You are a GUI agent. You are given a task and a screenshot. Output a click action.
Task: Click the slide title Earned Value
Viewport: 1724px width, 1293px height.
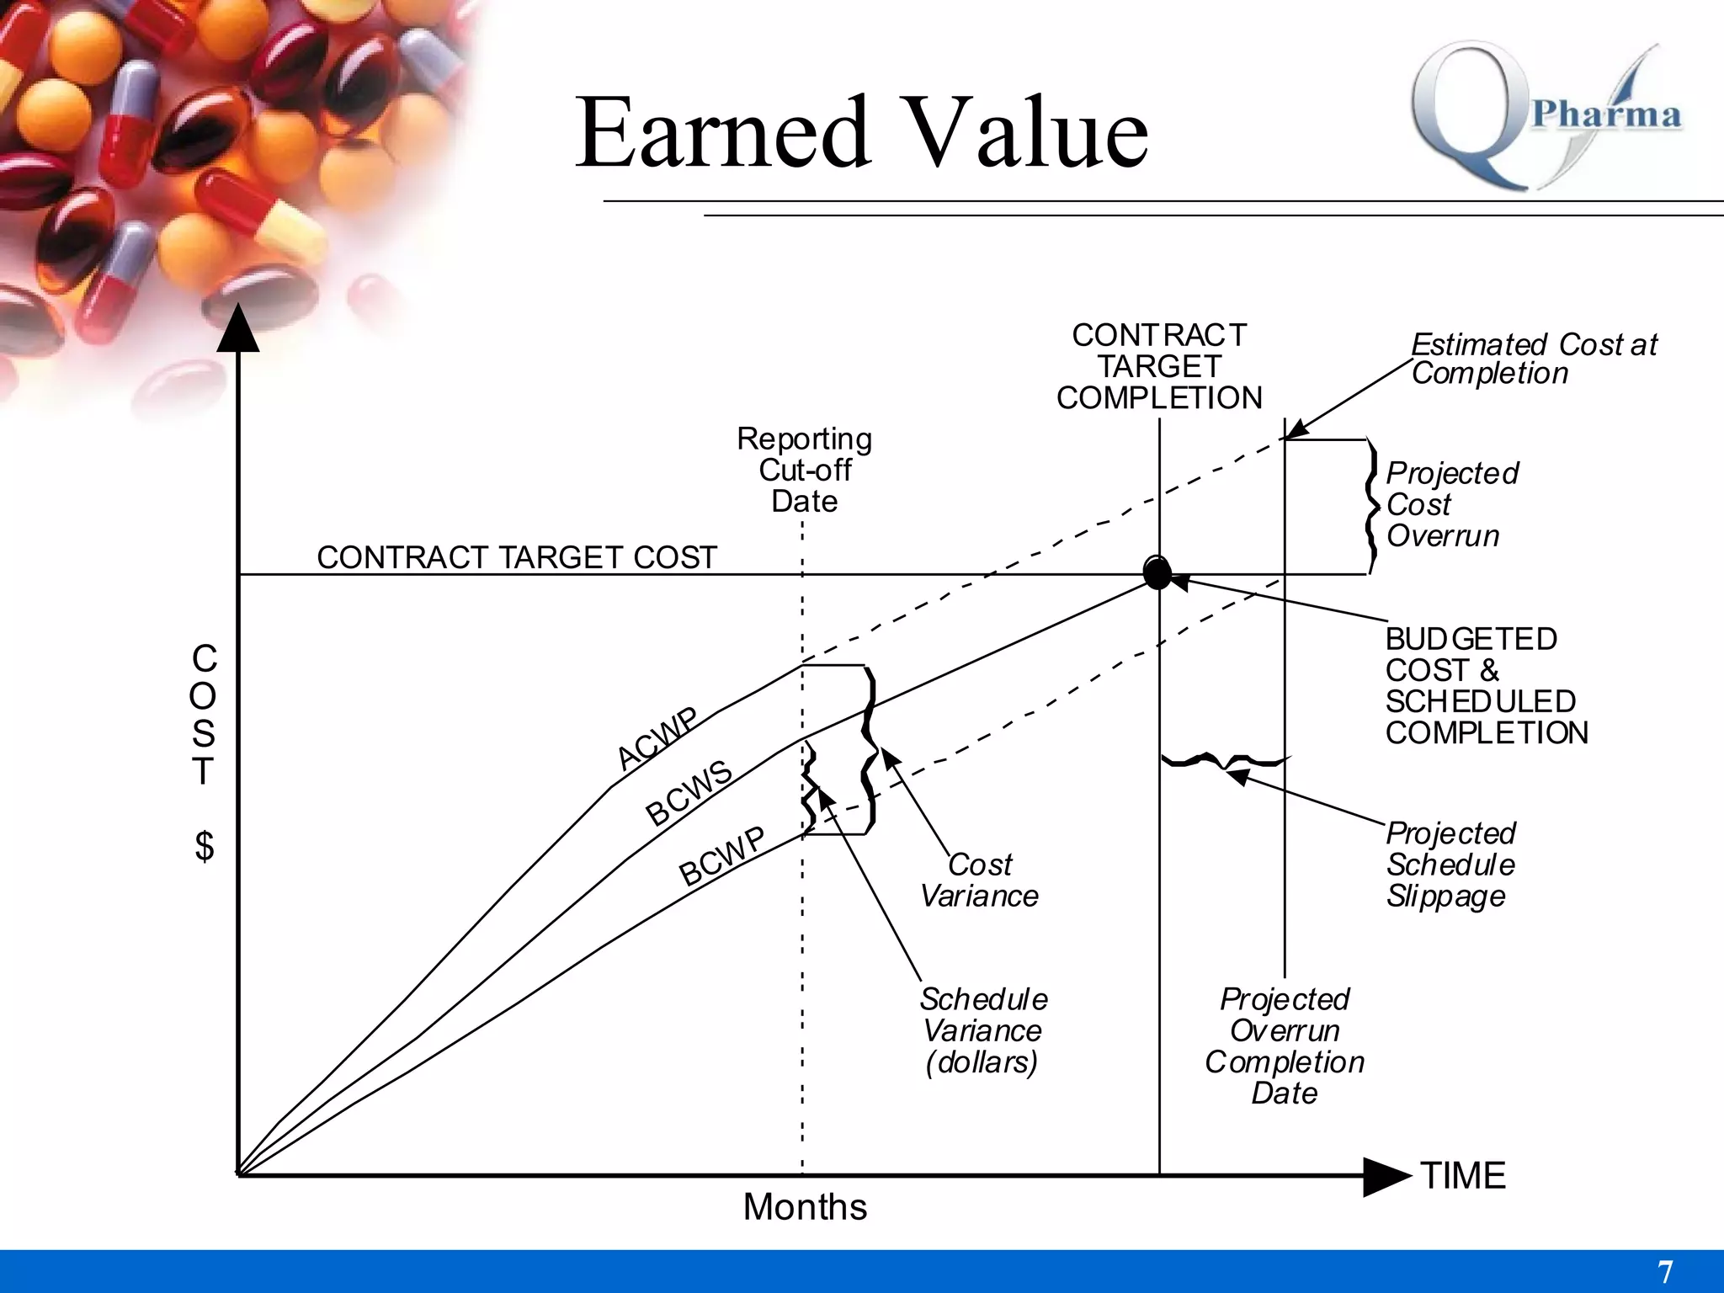coord(861,133)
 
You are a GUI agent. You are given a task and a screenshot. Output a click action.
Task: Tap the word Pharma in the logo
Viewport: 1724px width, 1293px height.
coord(1606,114)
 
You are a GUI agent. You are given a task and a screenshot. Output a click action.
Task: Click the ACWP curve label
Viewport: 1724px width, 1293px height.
coord(657,739)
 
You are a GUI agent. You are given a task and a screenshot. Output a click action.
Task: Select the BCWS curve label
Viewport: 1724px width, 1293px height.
coord(689,793)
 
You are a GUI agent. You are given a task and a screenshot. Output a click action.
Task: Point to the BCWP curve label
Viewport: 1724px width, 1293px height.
coord(722,856)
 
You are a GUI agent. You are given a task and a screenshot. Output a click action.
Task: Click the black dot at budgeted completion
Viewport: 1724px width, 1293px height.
coord(1157,573)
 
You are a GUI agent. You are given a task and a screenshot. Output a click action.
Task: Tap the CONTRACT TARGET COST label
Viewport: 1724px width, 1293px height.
coord(516,557)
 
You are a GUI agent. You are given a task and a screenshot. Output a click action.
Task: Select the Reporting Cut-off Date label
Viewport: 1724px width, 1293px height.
coord(804,470)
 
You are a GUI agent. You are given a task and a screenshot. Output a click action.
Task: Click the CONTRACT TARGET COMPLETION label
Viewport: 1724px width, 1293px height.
coord(1159,366)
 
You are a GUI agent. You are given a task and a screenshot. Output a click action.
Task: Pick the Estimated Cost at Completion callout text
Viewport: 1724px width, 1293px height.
coord(1532,359)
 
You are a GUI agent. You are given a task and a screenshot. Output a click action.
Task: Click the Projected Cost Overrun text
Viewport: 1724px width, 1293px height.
coord(1451,504)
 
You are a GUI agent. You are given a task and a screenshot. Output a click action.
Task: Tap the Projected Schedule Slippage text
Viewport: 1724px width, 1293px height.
coord(1450,865)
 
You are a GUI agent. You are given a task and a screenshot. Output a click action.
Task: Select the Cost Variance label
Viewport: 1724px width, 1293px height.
coord(979,881)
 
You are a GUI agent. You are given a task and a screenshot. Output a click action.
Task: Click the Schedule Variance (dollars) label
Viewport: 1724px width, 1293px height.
coord(982,1030)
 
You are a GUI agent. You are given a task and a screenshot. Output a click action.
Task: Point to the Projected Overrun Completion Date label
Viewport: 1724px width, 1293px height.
coord(1284,1046)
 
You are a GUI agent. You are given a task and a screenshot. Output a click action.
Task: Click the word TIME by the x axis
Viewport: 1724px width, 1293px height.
coord(1463,1176)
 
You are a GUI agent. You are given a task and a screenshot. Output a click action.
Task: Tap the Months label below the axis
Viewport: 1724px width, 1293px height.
coord(805,1207)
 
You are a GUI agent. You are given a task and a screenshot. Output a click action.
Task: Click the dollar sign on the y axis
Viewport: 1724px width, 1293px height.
coord(204,846)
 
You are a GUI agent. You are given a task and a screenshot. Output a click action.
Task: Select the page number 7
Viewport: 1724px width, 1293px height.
coord(1664,1271)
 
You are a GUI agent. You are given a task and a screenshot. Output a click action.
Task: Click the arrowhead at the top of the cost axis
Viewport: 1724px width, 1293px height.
coord(238,330)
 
